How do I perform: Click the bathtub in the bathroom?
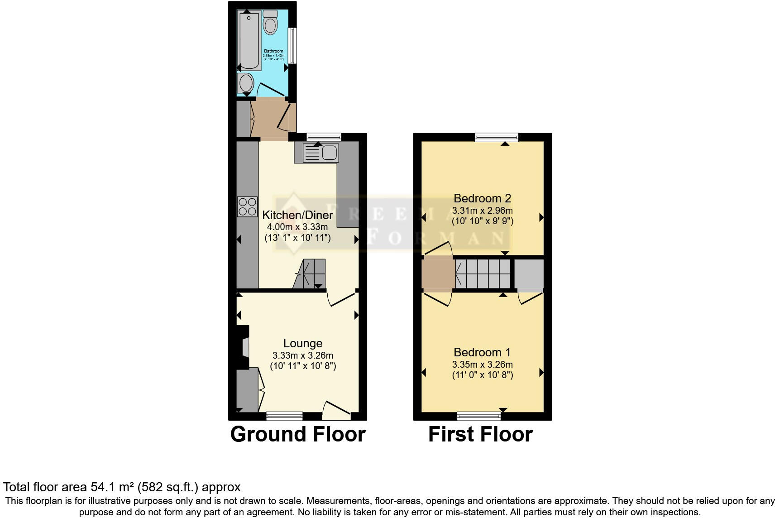tap(249, 41)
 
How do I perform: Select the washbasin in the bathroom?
tap(246, 83)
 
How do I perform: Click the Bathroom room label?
tap(273, 51)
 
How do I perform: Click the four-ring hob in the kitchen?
tap(247, 206)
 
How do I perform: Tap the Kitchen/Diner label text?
tap(297, 215)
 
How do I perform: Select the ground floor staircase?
tap(311, 273)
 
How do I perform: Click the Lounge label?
tap(303, 344)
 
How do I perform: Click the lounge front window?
tap(284, 416)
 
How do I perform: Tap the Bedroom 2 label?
tap(482, 198)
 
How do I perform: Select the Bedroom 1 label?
tap(482, 352)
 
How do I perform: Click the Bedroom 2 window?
tap(497, 137)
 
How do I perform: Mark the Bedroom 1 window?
tap(479, 416)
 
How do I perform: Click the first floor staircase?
tap(483, 273)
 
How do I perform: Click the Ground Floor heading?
tap(298, 434)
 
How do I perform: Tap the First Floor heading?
tap(480, 434)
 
